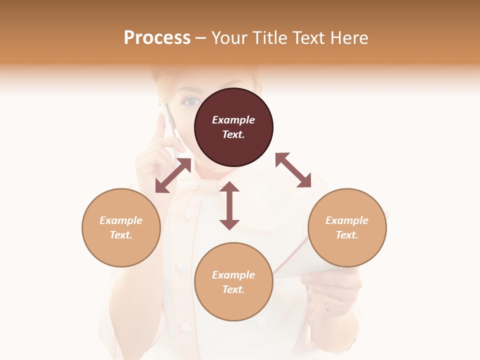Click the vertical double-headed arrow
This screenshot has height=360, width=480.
pyautogui.click(x=229, y=205)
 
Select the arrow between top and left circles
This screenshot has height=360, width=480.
pyautogui.click(x=173, y=176)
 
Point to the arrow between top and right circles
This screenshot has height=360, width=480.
pyautogui.click(x=293, y=170)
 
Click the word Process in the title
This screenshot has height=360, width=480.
pyautogui.click(x=157, y=38)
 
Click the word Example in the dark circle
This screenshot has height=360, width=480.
pyautogui.click(x=233, y=120)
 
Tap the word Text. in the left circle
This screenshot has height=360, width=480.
pyautogui.click(x=121, y=235)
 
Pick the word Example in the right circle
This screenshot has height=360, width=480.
pyautogui.click(x=347, y=220)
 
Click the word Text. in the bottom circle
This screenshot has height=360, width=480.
pyautogui.click(x=233, y=289)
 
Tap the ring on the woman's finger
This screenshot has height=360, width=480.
pyautogui.click(x=326, y=311)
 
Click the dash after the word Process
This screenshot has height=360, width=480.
pyautogui.click(x=200, y=38)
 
